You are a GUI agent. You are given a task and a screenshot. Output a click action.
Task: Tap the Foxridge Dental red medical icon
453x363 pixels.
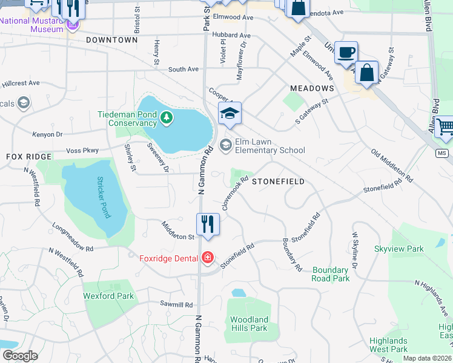point(208,258)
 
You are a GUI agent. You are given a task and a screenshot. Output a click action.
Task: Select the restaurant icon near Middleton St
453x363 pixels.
point(207,224)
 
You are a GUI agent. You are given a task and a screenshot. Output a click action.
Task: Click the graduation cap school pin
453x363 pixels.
point(230,113)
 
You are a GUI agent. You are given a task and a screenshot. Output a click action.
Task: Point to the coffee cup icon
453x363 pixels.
point(346,53)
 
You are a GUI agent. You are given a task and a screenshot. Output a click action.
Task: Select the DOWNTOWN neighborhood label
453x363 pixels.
point(112,40)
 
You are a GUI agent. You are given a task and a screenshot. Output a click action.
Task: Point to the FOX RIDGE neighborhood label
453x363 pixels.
point(29,157)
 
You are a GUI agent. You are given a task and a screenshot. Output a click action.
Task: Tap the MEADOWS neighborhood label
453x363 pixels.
point(312,88)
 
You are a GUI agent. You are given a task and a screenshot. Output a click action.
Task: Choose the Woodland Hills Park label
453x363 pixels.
point(249,324)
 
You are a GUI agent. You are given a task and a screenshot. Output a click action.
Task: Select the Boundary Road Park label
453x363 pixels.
point(331,274)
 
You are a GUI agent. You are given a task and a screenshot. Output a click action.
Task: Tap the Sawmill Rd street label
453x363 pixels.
point(176,305)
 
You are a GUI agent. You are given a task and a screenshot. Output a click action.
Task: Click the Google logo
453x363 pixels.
point(20,356)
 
